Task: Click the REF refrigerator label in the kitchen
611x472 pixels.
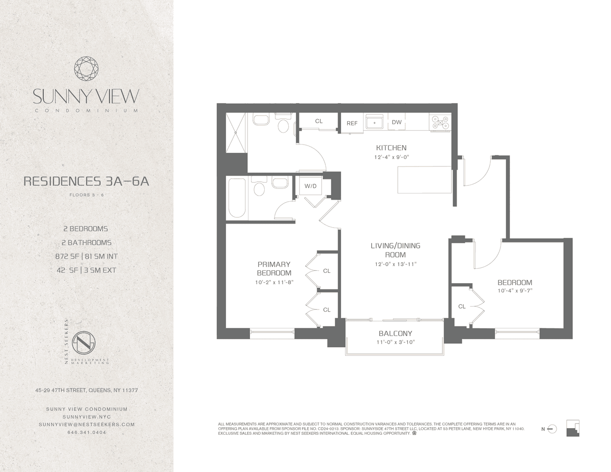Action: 352,123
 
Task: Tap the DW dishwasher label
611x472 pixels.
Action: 397,122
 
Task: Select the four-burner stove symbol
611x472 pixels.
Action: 440,123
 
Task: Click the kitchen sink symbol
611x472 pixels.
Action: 374,123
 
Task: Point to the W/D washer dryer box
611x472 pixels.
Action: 311,186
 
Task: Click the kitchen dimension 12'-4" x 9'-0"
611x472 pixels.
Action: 392,157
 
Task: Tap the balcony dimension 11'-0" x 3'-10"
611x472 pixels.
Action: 396,342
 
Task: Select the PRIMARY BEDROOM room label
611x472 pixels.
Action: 274,268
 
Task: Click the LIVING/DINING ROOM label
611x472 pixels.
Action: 395,250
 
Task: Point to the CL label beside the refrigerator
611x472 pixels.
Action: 319,121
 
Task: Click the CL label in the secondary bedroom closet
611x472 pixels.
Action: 462,307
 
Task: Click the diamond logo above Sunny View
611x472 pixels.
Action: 87,69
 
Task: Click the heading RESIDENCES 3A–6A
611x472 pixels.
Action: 87,181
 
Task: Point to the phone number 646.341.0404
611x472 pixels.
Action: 87,432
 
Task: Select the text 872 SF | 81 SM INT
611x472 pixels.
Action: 87,257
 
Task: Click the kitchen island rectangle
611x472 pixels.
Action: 425,180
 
